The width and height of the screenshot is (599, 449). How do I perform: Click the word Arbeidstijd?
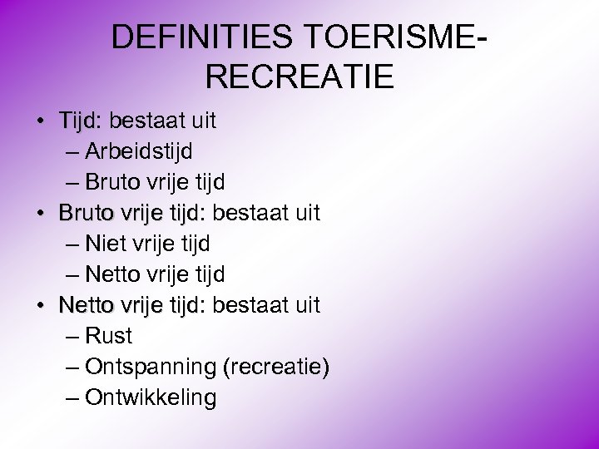pos(139,151)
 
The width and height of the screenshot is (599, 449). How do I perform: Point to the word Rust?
pos(109,337)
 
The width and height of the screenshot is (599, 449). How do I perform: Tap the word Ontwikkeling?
pos(151,398)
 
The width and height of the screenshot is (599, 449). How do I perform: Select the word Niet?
pos(102,244)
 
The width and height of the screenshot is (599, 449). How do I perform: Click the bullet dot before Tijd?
pos(40,121)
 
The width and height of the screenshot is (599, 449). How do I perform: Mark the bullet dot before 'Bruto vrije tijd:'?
pos(40,214)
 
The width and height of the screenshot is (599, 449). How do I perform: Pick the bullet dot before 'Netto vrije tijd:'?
pos(40,306)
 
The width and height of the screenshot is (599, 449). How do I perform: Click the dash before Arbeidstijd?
pos(72,152)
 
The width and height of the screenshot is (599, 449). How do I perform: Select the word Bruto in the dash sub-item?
pos(113,182)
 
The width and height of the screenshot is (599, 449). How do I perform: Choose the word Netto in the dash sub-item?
pos(113,274)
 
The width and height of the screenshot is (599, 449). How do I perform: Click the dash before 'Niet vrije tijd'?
pos(72,244)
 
